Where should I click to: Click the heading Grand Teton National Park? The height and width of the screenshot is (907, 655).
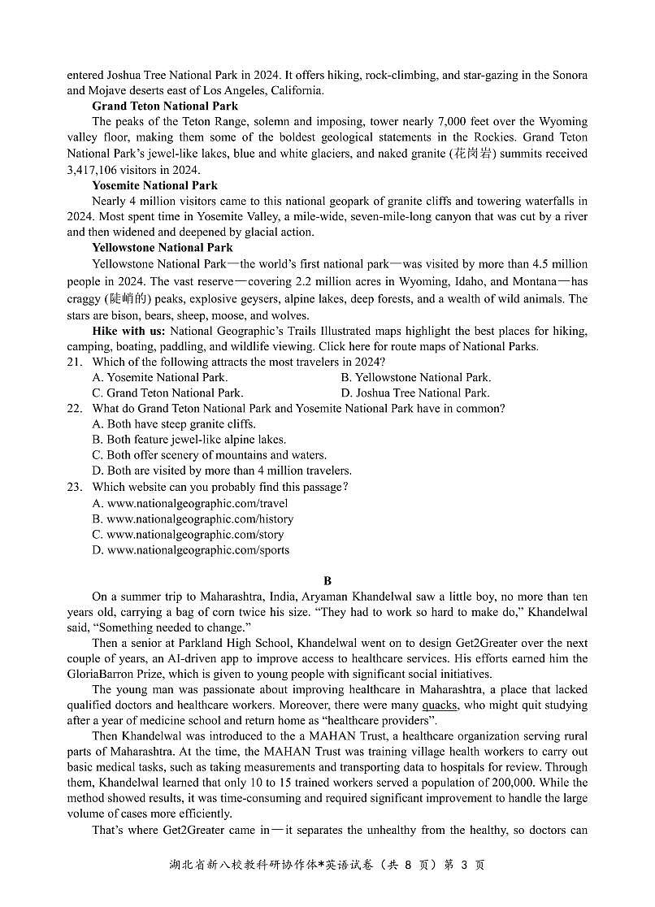[165, 106]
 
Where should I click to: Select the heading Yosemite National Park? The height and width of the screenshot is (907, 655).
[154, 185]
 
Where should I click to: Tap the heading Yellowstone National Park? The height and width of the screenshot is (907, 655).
[163, 248]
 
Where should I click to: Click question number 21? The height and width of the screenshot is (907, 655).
[75, 362]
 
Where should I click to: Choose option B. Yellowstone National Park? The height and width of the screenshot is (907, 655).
[415, 377]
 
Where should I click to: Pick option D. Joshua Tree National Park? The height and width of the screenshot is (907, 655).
[415, 393]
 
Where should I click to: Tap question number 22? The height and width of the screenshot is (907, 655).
[75, 409]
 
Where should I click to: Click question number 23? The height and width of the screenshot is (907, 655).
[75, 487]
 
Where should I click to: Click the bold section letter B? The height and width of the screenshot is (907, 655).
[327, 581]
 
